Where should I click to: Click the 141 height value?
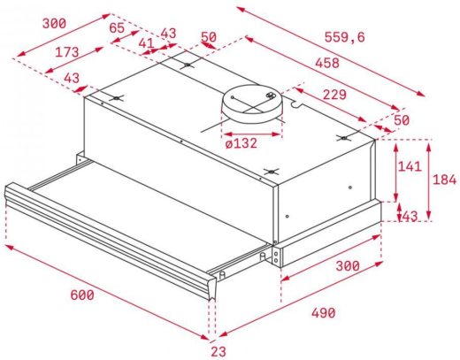[409, 167]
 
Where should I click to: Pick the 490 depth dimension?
[324, 313]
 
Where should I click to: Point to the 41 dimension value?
[146, 42]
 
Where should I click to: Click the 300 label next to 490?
[347, 266]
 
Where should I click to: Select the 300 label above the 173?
[56, 21]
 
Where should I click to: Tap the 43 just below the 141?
[409, 216]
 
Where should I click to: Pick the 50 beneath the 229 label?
[402, 119]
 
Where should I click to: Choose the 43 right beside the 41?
[167, 34]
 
